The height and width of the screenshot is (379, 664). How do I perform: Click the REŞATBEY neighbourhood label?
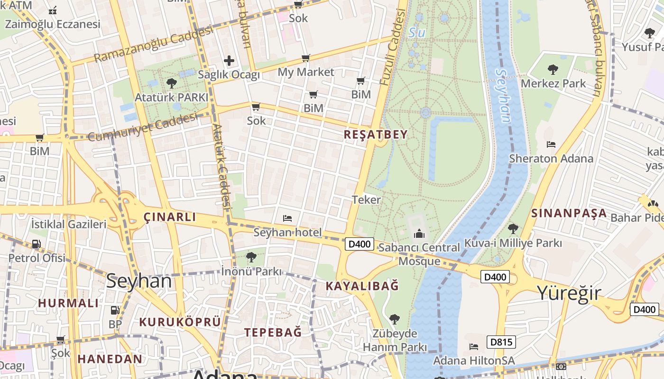tap(375, 135)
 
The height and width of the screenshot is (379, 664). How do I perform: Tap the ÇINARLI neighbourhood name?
tap(169, 217)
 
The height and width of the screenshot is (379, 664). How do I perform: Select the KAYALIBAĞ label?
tap(362, 286)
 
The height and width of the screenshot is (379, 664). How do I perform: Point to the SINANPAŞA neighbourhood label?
tap(569, 213)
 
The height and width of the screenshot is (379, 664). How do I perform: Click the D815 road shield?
tap(500, 342)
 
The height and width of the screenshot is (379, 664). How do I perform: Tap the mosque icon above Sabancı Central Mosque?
tap(419, 234)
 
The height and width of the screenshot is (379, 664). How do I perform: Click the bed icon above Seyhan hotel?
tap(287, 218)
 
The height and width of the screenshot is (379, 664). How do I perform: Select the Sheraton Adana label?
tap(551, 159)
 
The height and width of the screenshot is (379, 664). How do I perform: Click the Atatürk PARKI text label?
tap(171, 98)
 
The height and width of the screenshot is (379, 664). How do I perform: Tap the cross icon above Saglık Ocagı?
tap(229, 61)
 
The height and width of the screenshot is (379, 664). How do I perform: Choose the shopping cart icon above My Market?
tap(306, 58)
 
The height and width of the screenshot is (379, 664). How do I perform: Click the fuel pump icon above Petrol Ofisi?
tap(36, 244)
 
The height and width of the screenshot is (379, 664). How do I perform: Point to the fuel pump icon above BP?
tap(115, 311)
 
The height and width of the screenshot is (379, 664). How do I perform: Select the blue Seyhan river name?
tap(503, 95)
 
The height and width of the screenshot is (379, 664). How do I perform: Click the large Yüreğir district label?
tap(569, 293)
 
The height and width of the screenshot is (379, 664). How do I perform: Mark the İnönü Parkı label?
tap(251, 271)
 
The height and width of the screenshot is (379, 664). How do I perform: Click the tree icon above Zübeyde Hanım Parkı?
tap(394, 319)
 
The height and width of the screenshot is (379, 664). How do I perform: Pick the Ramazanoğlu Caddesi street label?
tap(153, 44)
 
